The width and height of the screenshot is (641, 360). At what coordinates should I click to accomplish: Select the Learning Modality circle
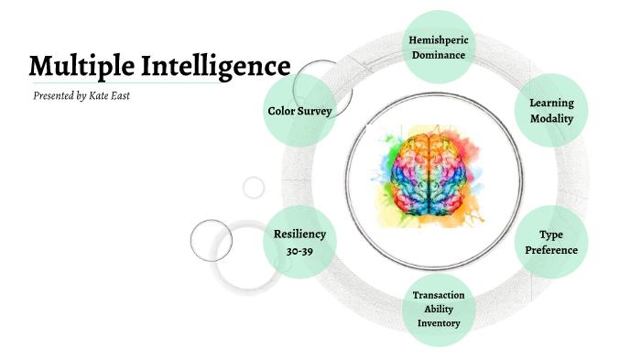pos(551,111)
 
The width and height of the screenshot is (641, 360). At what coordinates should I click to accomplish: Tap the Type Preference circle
pos(551,243)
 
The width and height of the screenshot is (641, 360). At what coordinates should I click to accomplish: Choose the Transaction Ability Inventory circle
pos(439,309)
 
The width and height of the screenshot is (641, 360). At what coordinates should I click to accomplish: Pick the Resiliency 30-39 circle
pos(299,243)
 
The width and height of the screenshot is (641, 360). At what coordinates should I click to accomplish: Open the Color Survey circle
pos(299,111)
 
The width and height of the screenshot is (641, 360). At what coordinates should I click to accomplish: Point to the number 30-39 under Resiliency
pos(299,250)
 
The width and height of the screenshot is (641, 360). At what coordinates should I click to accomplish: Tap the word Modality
pos(551,119)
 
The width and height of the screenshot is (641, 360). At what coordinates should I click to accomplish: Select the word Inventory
pos(439,322)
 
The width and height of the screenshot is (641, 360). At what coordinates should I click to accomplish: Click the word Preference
pos(551,250)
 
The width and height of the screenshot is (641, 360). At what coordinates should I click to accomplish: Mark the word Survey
pos(316,111)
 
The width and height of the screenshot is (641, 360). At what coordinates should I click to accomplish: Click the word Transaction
pos(439,295)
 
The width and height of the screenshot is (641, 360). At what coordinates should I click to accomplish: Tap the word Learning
pos(551,103)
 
